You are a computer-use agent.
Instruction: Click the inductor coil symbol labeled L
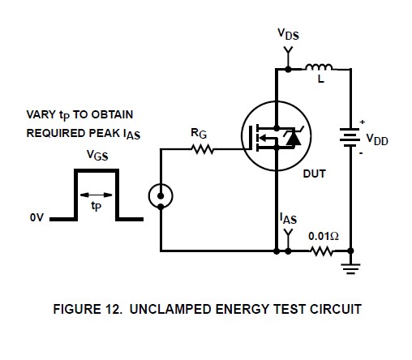[319, 66]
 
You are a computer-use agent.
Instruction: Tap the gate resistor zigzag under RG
[203, 149]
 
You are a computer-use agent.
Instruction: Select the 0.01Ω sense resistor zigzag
[322, 251]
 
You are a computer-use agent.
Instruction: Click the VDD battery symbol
[350, 138]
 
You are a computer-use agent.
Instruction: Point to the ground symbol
[350, 268]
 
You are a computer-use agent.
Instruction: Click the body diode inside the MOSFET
[293, 138]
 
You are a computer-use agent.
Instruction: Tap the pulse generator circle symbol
[161, 196]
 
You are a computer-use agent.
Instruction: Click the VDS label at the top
[288, 34]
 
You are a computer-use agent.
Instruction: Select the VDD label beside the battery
[377, 139]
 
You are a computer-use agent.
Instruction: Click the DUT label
[315, 174]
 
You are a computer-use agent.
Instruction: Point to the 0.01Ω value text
[324, 236]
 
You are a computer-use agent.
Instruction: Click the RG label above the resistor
[199, 133]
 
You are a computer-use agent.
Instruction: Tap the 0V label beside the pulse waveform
[36, 217]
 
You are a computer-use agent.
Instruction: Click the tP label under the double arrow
[97, 206]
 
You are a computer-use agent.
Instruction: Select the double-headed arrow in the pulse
[96, 195]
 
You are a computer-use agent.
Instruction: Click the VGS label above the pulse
[97, 155]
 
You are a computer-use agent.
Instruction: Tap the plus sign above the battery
[363, 122]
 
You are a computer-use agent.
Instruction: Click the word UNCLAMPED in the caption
[170, 309]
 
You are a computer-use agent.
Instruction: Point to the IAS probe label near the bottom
[288, 218]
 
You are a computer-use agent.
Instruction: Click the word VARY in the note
[41, 114]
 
